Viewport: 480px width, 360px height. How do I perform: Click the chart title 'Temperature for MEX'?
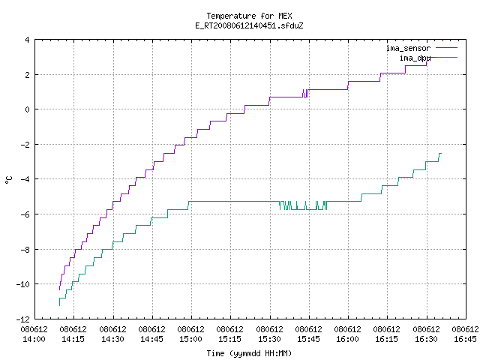(x=249, y=16)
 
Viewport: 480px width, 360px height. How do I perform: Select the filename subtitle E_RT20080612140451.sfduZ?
(x=249, y=25)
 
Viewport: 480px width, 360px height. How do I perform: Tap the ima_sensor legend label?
(x=408, y=48)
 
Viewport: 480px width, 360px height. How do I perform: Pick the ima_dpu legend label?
(x=415, y=58)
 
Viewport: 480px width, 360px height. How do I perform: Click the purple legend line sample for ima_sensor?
(x=446, y=48)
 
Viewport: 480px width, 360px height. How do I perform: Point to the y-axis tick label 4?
(x=28, y=40)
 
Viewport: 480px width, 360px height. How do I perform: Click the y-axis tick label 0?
(x=28, y=109)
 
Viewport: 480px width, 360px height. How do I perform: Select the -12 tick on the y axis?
(x=23, y=319)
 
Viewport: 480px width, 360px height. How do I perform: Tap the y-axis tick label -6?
(x=25, y=214)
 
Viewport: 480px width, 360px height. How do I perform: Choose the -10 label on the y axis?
(x=23, y=284)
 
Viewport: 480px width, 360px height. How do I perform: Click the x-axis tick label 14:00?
(x=34, y=339)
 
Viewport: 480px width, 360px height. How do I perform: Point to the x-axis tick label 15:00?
(x=190, y=339)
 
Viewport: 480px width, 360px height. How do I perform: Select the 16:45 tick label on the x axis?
(x=465, y=339)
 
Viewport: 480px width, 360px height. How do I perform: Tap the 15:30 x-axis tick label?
(x=269, y=339)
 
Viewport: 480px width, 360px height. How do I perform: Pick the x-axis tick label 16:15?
(x=386, y=339)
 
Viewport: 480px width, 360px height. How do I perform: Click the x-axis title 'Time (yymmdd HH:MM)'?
(x=249, y=353)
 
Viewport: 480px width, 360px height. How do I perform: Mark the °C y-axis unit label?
(x=8, y=180)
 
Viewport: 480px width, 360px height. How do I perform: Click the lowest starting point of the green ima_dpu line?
(x=59, y=305)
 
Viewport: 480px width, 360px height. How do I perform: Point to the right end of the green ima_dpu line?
(x=441, y=153)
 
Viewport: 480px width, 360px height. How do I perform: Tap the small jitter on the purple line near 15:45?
(x=305, y=93)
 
